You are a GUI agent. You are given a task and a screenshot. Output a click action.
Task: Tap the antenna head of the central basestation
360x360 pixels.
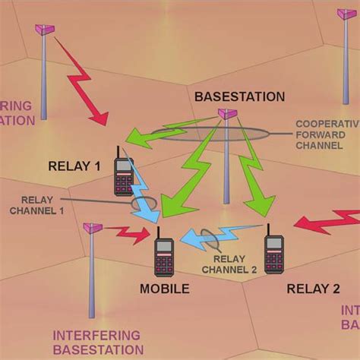(225, 114)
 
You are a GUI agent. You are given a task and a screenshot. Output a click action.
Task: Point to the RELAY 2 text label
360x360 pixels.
(312, 288)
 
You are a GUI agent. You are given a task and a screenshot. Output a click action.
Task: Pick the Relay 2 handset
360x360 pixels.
(273, 254)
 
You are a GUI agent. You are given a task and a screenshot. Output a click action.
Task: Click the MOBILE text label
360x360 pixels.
(163, 288)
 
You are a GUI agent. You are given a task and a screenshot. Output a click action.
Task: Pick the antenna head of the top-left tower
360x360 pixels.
(44, 30)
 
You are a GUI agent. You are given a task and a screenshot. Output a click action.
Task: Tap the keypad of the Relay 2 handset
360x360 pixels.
(273, 262)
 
